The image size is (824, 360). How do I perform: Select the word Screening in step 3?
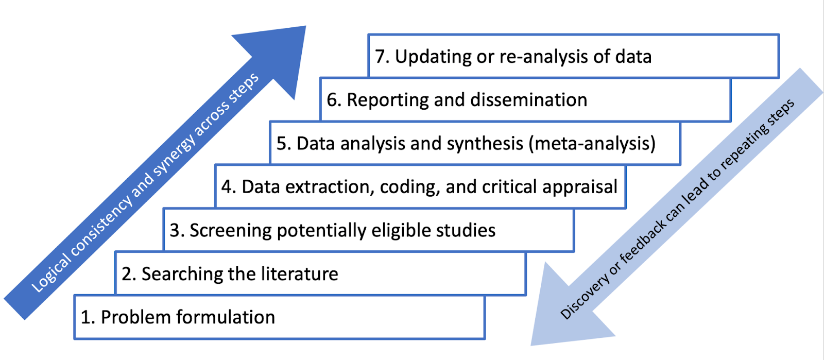[x=230, y=231]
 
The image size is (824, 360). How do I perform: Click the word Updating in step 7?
[x=433, y=57]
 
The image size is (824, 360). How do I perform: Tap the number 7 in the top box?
[x=380, y=57]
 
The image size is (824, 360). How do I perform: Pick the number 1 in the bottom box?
[x=85, y=317]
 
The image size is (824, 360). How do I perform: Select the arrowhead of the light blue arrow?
[x=561, y=314]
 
